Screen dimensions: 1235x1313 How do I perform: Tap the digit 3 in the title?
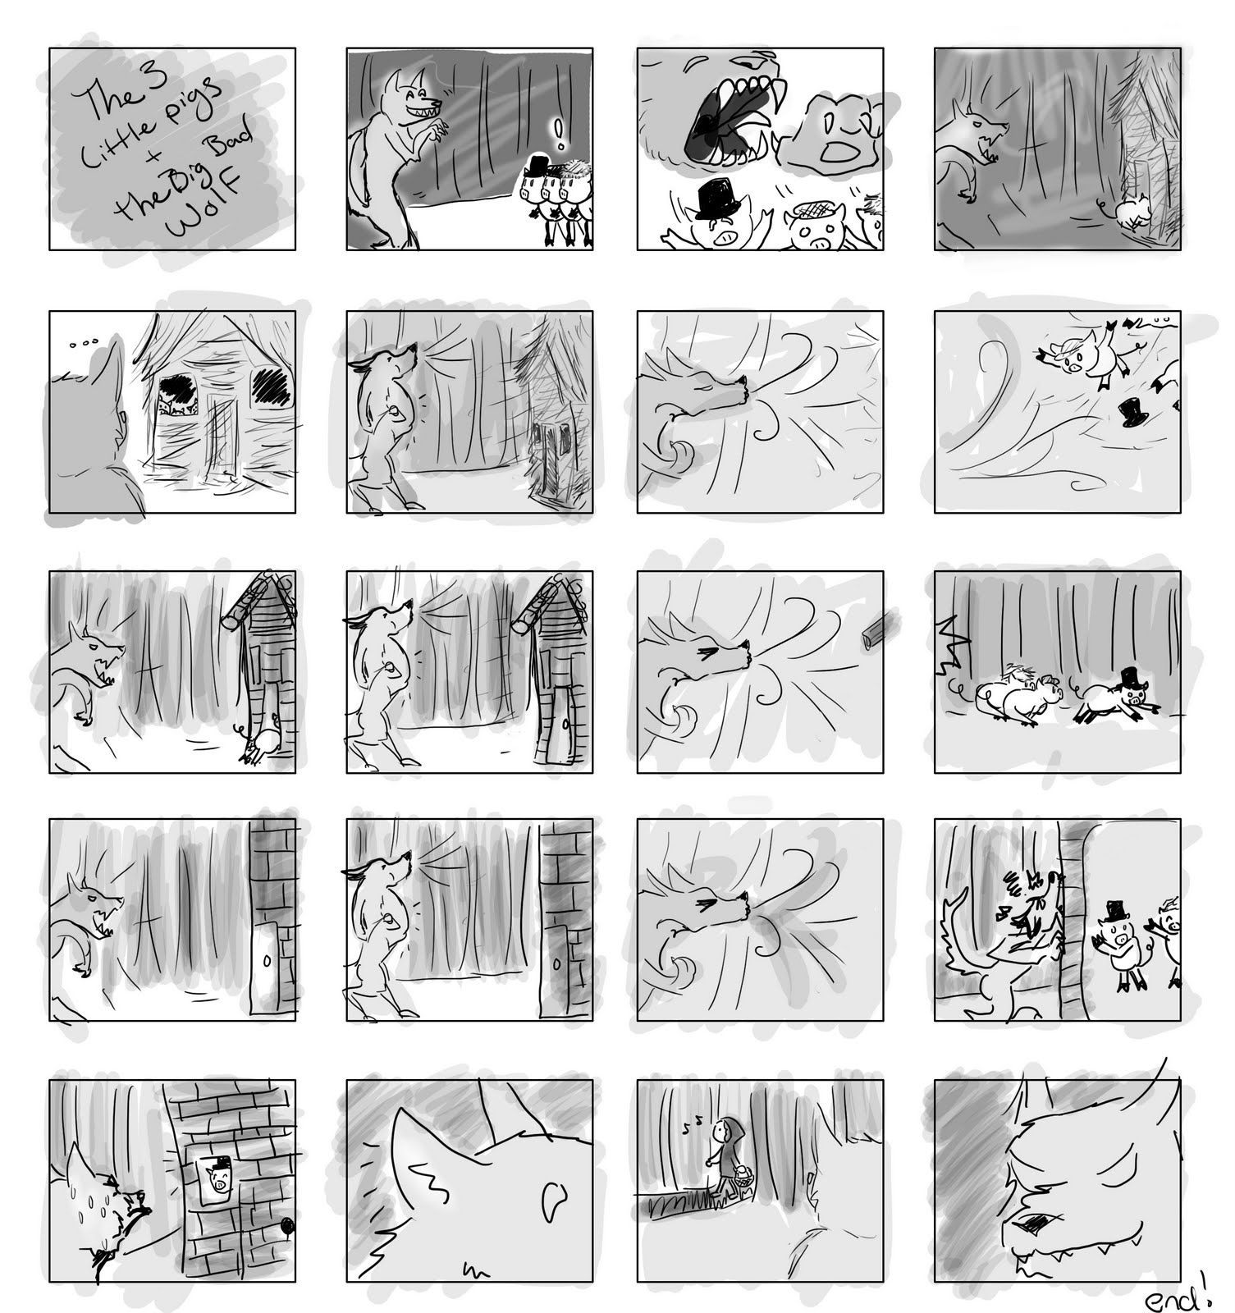(x=156, y=80)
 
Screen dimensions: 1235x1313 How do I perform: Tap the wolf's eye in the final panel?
(x=1028, y=1223)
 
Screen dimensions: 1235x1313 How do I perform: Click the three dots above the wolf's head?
(x=78, y=345)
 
